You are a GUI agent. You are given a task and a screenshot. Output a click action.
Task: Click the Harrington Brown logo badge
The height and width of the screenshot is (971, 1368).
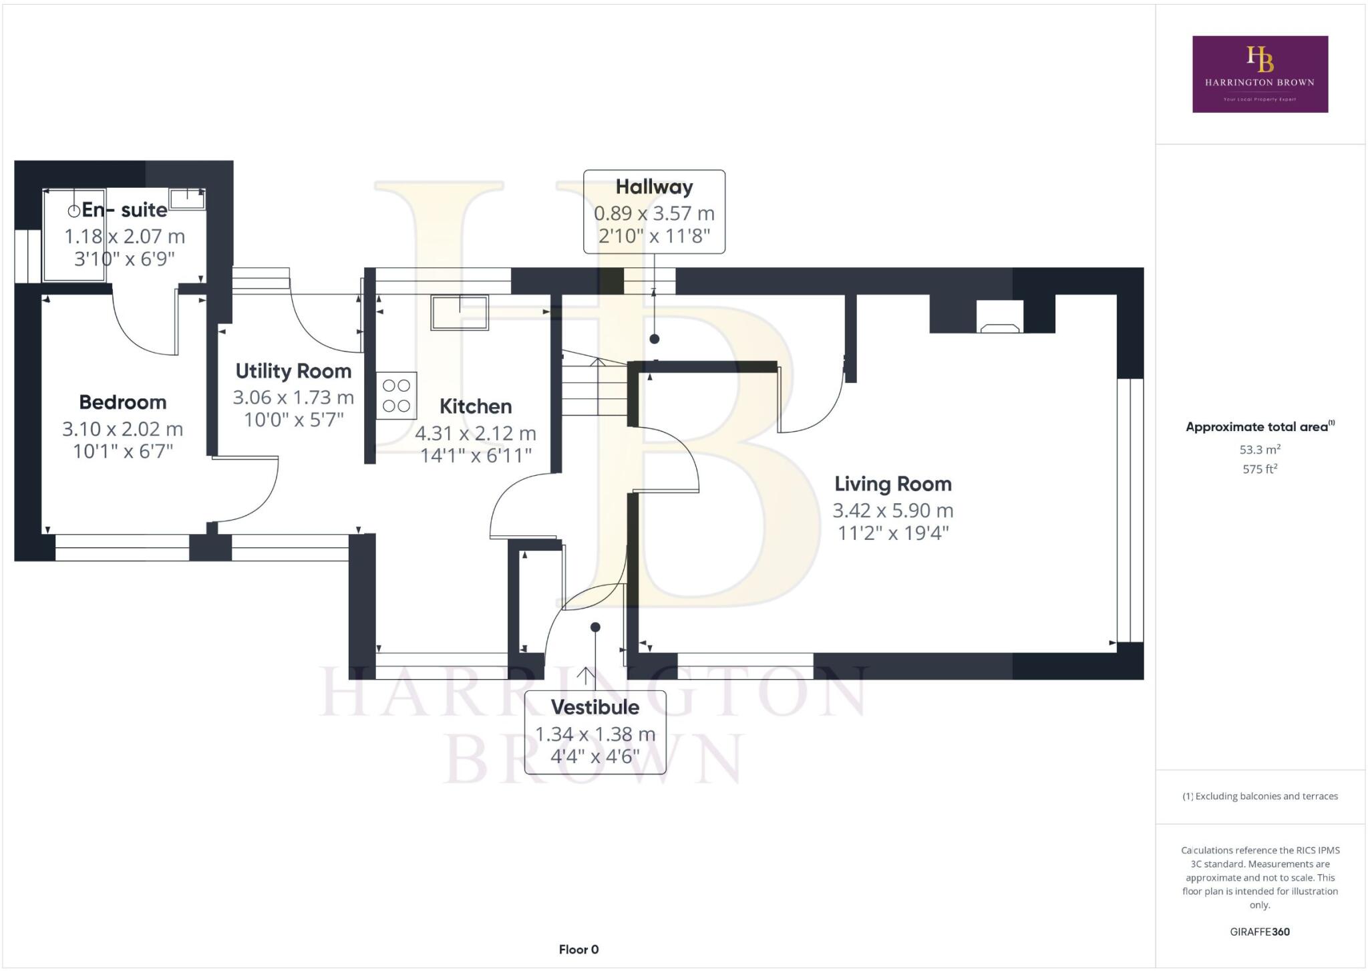[1260, 74]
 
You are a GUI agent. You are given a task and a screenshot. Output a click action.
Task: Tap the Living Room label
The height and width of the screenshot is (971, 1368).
[892, 484]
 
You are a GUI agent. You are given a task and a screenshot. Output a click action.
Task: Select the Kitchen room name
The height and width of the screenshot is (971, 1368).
[476, 406]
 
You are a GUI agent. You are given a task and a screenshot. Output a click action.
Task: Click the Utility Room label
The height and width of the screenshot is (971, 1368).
[293, 371]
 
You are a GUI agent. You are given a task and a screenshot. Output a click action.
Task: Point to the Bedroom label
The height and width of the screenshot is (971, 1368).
[123, 402]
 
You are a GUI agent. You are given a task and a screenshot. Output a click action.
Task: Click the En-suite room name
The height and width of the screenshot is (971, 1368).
[124, 210]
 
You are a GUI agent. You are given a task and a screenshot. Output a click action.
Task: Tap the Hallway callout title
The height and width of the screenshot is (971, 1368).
[654, 187]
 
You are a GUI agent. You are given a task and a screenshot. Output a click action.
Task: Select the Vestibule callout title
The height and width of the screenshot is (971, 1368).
[594, 707]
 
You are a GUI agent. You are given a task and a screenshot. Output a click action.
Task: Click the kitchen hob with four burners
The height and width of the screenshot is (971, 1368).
[396, 396]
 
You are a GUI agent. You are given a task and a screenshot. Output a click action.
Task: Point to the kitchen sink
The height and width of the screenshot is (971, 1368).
[460, 313]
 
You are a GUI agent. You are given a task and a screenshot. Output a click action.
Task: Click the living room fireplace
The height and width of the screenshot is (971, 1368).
[999, 317]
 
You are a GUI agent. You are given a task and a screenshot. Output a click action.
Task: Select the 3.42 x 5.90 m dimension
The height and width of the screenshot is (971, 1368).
[892, 511]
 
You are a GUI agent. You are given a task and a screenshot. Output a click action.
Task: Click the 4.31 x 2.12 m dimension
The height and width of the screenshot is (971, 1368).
[476, 434]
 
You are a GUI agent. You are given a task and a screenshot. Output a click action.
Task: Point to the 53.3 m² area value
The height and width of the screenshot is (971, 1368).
[1260, 449]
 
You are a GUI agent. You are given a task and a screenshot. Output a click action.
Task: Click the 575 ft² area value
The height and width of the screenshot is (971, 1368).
[1260, 469]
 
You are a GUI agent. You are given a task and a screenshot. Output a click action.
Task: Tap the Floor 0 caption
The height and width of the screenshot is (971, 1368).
[578, 950]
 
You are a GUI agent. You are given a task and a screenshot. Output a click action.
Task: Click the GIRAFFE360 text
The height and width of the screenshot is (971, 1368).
[1260, 932]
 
